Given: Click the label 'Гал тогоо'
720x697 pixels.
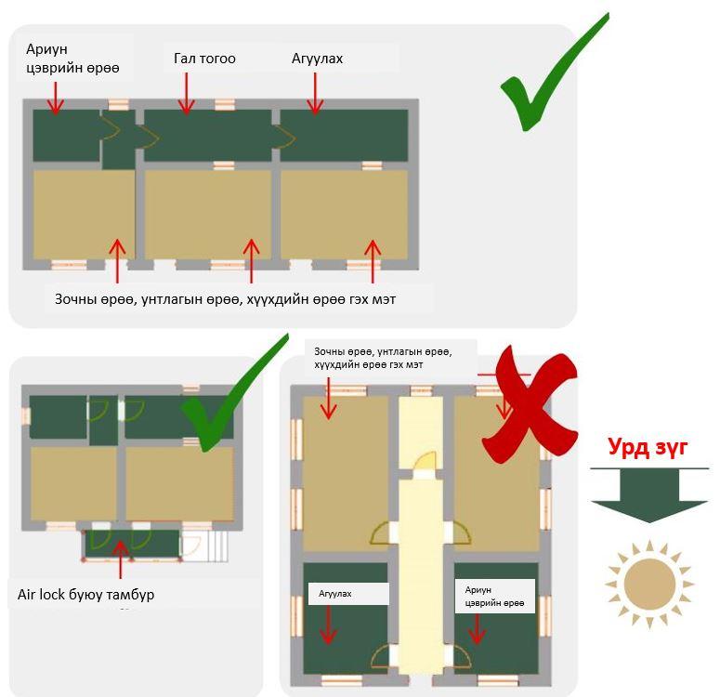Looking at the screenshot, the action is tap(204, 59).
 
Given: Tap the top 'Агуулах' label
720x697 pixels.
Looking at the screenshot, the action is tap(317, 59).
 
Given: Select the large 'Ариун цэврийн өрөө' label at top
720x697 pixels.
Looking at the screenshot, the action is tap(72, 59).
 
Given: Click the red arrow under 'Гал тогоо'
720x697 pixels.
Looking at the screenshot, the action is tap(187, 94).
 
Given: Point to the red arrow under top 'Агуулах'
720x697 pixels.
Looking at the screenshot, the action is tap(315, 94).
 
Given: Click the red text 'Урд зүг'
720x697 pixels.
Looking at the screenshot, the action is tap(648, 447).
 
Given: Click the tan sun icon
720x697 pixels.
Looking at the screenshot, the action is tap(649, 584).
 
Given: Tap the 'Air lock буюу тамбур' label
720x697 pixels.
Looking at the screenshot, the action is tap(85, 595).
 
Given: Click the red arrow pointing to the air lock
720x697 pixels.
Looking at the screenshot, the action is tap(120, 559).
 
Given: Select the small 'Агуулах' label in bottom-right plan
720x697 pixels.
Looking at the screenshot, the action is tap(335, 594).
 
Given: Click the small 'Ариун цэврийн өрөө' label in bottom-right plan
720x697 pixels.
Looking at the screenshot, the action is tap(494, 597).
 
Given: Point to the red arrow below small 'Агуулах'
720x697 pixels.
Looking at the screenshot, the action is tap(328, 625).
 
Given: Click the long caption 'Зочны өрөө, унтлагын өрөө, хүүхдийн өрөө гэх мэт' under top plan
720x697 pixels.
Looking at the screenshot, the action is tap(225, 299).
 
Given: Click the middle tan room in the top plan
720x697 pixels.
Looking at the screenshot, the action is tap(207, 215).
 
